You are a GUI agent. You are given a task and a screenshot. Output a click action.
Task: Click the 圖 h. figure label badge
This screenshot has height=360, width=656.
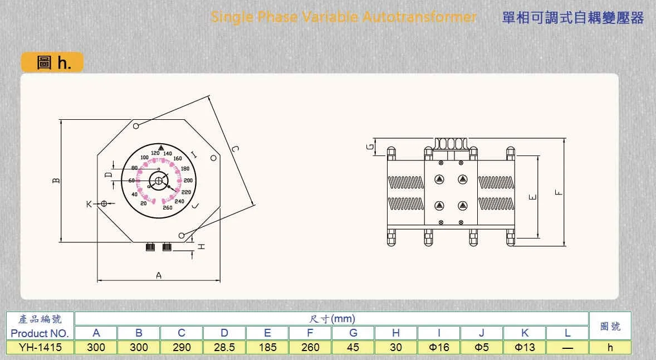pyautogui.click(x=52, y=62)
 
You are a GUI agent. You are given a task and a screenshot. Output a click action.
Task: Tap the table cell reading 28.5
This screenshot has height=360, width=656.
pyautogui.click(x=224, y=347)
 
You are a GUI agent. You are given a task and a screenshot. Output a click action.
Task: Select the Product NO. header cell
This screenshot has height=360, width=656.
pyautogui.click(x=40, y=333)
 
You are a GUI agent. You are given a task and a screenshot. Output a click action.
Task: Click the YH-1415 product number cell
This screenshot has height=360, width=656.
pyautogui.click(x=40, y=347)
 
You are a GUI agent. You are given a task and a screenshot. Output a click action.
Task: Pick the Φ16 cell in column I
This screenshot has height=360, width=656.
pyautogui.click(x=439, y=347)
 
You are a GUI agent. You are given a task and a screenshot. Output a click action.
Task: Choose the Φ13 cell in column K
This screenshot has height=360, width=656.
pyautogui.click(x=524, y=347)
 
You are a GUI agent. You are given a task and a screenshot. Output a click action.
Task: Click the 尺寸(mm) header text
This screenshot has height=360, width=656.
pyautogui.click(x=331, y=319)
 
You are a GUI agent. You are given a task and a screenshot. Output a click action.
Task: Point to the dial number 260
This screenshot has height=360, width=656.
pyautogui.click(x=167, y=208)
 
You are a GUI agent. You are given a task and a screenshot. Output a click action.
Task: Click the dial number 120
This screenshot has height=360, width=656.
pyautogui.click(x=155, y=153)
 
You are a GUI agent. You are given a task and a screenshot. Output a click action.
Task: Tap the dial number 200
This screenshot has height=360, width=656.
pyautogui.click(x=188, y=181)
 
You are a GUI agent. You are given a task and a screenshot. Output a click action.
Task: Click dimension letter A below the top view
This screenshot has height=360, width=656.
pyautogui.click(x=159, y=275)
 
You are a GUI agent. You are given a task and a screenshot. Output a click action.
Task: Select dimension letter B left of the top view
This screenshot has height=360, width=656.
pyautogui.click(x=56, y=181)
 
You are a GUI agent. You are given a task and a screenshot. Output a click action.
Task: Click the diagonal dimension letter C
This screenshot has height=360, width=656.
pyautogui.click(x=235, y=149)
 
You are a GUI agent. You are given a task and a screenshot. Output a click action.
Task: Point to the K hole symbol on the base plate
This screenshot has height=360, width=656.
pyautogui.click(x=104, y=204)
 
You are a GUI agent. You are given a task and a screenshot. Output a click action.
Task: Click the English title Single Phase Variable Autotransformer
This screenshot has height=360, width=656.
pyautogui.click(x=344, y=17)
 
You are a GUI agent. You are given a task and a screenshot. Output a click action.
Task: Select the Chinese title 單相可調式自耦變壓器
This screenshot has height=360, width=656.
pyautogui.click(x=572, y=18)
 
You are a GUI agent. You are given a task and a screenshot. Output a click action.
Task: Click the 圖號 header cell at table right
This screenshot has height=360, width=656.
pyautogui.click(x=610, y=326)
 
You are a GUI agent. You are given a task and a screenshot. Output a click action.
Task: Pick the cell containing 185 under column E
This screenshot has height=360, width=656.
pyautogui.click(x=267, y=347)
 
